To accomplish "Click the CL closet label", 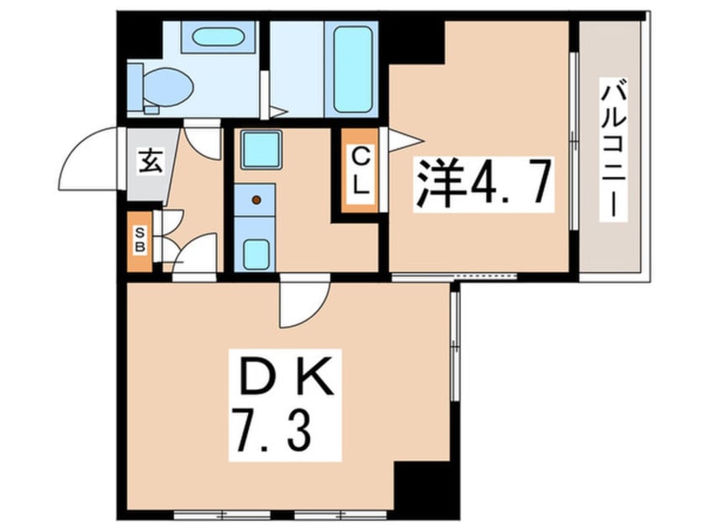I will pyautogui.click(x=360, y=172).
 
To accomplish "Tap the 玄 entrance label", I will pyautogui.click(x=148, y=162).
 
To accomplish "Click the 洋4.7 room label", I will pyautogui.click(x=484, y=184).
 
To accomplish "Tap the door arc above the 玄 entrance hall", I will pyautogui.click(x=201, y=139).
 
